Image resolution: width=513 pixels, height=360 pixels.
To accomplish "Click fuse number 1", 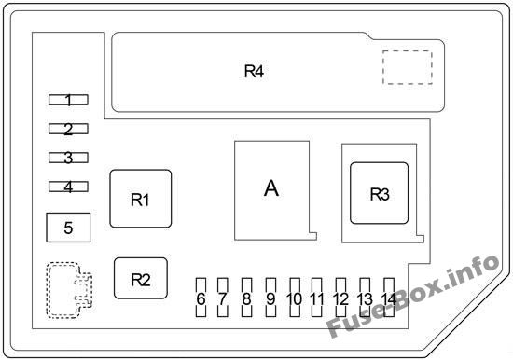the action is tap(68, 100).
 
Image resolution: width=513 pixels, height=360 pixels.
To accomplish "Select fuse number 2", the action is tap(68, 129).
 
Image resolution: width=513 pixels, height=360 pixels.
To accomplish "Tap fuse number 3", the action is tap(68, 158).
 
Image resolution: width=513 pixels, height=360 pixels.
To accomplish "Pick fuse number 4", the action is tap(68, 187).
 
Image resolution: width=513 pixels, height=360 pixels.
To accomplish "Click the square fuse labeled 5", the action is tap(68, 228).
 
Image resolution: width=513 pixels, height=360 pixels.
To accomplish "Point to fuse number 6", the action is tap(201, 298).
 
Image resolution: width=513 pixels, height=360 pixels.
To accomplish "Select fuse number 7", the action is tap(223, 298).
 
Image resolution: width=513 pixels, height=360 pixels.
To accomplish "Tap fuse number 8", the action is tap(246, 298).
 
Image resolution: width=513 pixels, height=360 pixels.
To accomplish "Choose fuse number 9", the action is tap(270, 298).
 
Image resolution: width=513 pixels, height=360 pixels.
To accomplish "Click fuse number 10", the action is tap(295, 298).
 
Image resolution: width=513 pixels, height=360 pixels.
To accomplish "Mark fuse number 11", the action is tap(316, 298).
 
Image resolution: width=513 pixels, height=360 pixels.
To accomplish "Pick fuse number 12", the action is tap(340, 298).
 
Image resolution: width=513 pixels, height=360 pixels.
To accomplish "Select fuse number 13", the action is tap(365, 298).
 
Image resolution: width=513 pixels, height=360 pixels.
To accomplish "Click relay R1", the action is tap(141, 199).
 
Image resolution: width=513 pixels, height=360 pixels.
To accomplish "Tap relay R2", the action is tap(141, 279).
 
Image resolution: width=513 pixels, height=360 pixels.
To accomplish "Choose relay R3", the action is tap(380, 193).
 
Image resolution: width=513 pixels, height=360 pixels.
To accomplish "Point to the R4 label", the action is tap(254, 71).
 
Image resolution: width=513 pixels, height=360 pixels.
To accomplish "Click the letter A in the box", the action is tap(271, 188).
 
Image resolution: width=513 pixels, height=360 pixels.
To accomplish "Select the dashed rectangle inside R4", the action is tap(408, 67).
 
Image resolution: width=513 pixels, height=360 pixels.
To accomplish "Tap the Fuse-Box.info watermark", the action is tap(413, 297).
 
